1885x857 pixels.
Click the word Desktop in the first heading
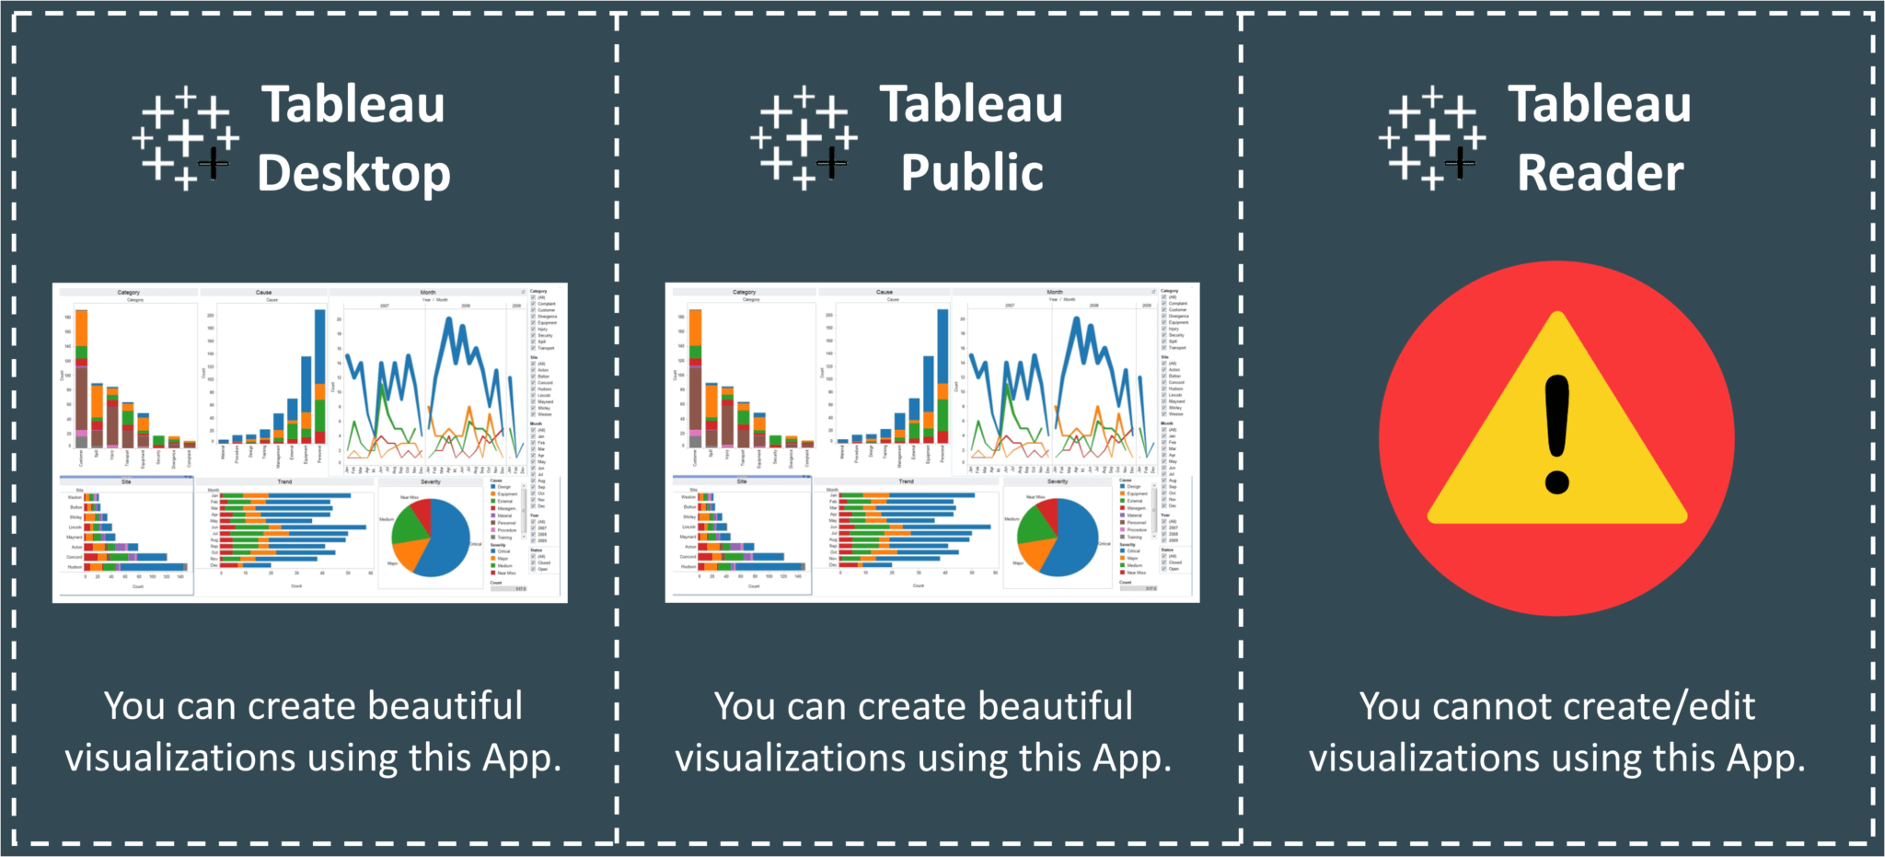click(x=354, y=173)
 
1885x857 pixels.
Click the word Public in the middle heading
click(x=972, y=173)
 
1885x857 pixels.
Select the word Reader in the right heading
click(x=1600, y=173)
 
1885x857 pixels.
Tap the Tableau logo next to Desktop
click(x=186, y=139)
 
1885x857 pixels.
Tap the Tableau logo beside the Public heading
click(x=804, y=139)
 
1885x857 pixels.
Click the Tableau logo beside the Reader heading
click(x=1432, y=139)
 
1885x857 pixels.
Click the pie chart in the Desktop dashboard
click(x=431, y=537)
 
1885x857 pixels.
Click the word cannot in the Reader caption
click(x=1492, y=707)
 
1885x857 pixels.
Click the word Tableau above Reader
click(x=1600, y=104)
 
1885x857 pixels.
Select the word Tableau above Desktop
click(x=354, y=104)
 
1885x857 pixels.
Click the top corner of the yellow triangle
click(x=1557, y=318)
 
